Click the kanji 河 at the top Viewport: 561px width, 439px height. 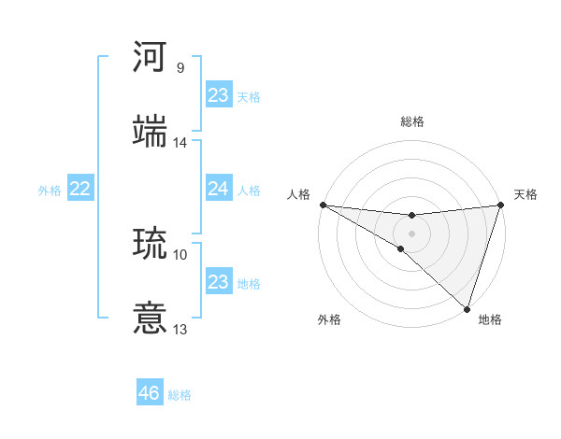(151, 57)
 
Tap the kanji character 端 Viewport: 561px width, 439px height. (151, 131)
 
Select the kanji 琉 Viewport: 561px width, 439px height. (151, 244)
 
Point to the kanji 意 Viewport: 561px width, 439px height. (151, 318)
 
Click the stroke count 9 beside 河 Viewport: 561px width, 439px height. (180, 68)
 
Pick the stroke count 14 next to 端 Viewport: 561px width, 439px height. (180, 142)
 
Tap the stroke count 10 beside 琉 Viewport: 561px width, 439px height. (180, 254)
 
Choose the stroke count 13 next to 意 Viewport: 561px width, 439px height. (180, 329)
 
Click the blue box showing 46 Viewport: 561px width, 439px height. (150, 394)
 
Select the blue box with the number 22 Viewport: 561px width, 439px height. (80, 190)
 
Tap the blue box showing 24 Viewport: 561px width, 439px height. (218, 190)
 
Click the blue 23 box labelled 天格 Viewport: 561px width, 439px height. (218, 95)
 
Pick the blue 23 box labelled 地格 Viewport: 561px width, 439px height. (218, 282)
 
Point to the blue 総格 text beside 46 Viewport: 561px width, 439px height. (180, 395)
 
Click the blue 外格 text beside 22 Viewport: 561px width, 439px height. (50, 191)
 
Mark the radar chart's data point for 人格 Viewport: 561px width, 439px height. (323, 205)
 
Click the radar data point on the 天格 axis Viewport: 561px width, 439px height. (500, 205)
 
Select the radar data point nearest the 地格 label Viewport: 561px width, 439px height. (467, 309)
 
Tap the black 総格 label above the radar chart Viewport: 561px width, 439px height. (411, 121)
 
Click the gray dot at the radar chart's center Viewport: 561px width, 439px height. (411, 233)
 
